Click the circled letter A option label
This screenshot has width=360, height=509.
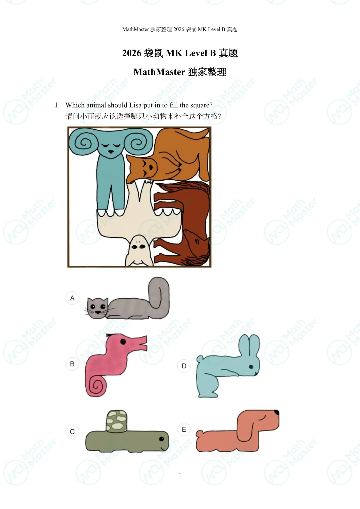(72, 298)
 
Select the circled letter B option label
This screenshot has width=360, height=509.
(72, 364)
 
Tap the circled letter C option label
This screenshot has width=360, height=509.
(72, 432)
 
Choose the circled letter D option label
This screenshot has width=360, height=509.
(184, 366)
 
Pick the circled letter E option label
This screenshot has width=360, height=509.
(184, 429)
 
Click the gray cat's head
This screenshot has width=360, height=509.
(98, 308)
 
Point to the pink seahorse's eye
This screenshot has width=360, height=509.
(123, 342)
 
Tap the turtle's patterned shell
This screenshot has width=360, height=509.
(116, 421)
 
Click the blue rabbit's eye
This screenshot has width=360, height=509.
(251, 367)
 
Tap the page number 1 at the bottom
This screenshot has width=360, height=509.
(180, 475)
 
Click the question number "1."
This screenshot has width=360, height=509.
(57, 105)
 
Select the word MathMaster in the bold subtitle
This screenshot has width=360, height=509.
(159, 72)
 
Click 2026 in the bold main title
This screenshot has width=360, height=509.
(132, 53)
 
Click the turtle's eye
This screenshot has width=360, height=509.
(162, 439)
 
